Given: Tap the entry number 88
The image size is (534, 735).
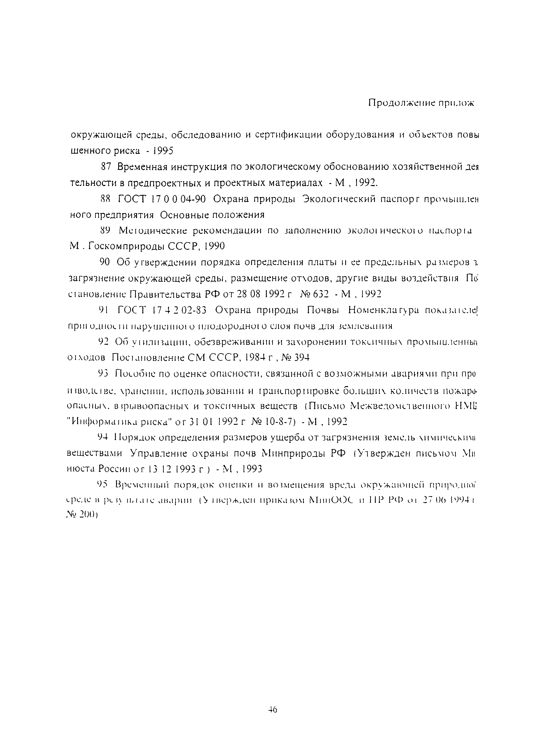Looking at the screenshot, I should coord(106,199).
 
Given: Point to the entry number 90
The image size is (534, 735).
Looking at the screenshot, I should coord(105,263).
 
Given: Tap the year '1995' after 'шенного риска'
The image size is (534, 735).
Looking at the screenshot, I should coord(164,151).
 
